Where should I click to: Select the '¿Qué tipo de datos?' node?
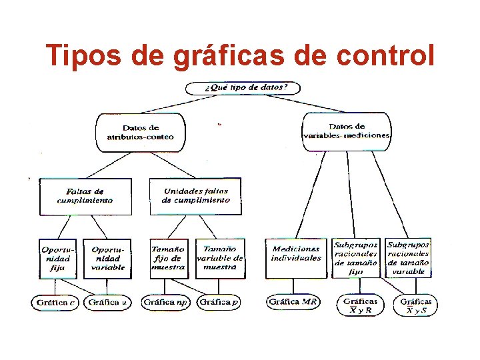click(x=242, y=88)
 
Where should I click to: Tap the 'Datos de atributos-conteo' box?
click(x=140, y=132)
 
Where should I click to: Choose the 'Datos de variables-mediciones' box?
click(x=346, y=131)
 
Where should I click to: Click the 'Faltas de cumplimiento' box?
click(x=85, y=196)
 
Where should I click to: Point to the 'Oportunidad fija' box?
click(x=57, y=259)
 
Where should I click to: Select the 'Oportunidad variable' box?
click(x=107, y=259)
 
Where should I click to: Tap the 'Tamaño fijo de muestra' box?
click(x=168, y=259)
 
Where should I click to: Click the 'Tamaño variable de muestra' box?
click(x=220, y=259)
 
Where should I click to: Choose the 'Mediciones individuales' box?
click(x=296, y=254)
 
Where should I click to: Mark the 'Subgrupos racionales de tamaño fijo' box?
click(x=356, y=259)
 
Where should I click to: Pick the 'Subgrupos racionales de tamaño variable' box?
click(x=408, y=259)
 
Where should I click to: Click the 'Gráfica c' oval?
click(x=55, y=303)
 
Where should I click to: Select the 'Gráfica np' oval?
click(x=167, y=303)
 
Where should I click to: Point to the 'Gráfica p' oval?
click(x=219, y=303)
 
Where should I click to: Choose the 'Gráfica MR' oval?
click(x=293, y=303)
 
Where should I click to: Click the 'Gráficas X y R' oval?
click(x=361, y=305)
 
